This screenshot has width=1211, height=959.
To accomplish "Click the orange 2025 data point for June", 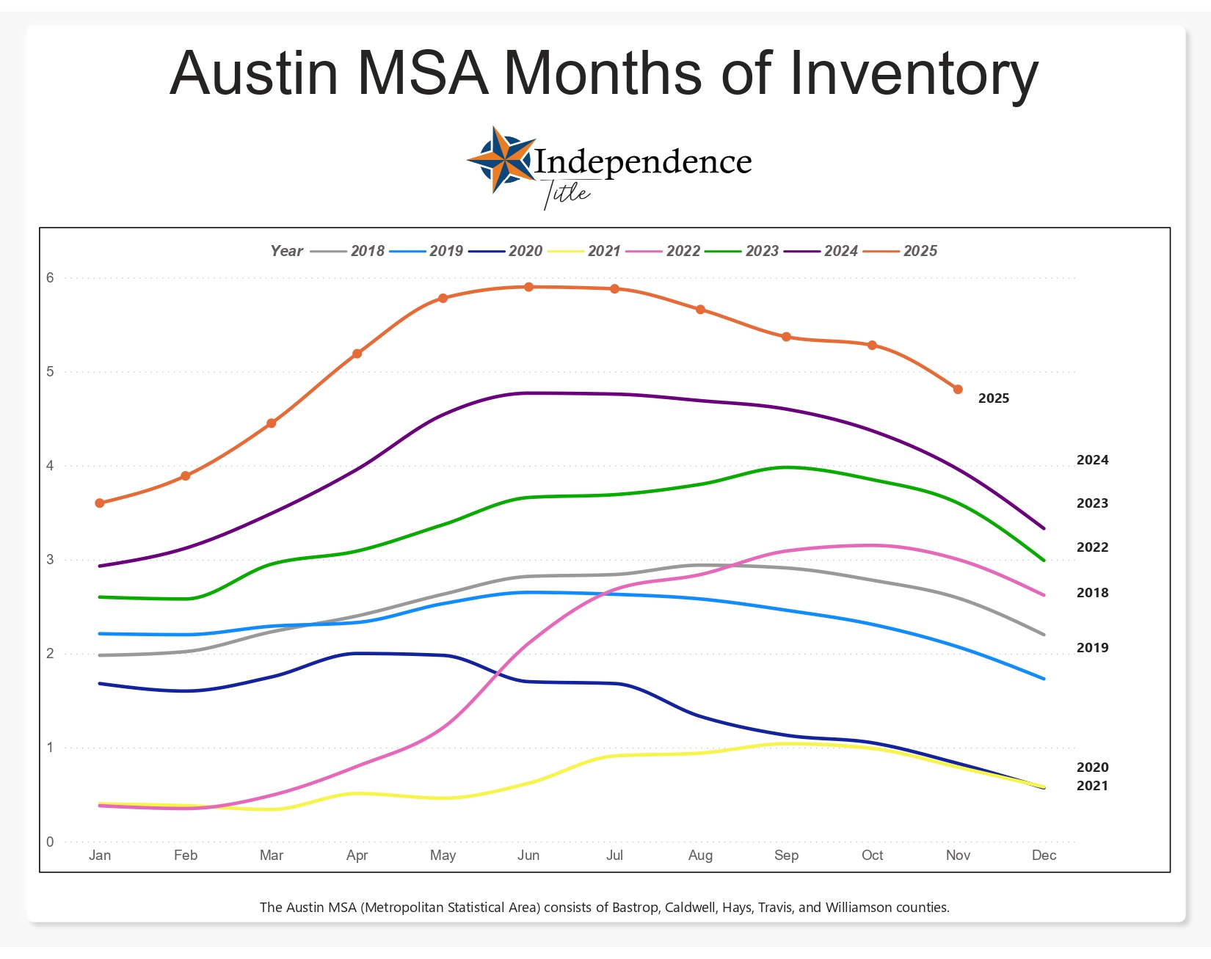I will (528, 287).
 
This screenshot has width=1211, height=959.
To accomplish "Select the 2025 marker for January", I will (100, 503).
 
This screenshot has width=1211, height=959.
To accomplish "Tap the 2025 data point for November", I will (958, 390).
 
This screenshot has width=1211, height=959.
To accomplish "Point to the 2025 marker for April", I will (357, 354).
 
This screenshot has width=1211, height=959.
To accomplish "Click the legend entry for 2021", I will (604, 251).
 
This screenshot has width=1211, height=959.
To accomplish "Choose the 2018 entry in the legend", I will (367, 251).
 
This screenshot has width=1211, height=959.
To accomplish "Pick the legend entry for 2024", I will (840, 251).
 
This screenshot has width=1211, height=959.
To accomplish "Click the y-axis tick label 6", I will (51, 278).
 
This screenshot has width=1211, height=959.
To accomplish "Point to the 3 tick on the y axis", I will (51, 560).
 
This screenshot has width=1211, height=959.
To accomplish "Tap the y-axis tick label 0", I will (51, 842).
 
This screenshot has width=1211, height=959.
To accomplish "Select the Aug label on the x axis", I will (700, 856).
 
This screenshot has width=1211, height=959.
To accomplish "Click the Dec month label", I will (1044, 856).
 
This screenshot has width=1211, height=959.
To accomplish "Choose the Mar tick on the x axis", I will (272, 856).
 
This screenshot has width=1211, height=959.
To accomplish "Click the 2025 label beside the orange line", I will (994, 398).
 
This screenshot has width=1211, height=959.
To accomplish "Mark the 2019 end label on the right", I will (1092, 648).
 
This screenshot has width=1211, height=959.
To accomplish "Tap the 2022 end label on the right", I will (1092, 547).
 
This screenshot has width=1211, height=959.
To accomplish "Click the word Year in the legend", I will (286, 251).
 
